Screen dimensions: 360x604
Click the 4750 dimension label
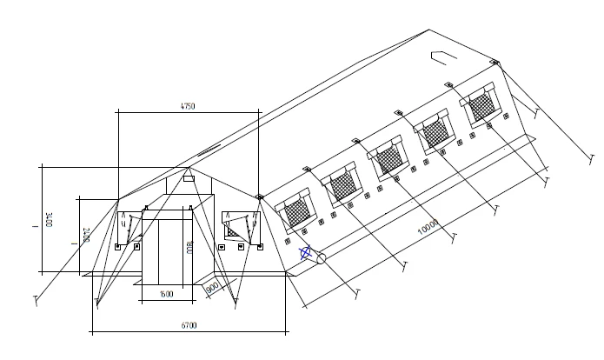point(187,106)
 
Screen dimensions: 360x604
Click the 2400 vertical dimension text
point(85,234)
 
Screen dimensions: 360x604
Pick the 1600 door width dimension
point(167,294)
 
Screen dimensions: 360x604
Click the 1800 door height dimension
point(188,246)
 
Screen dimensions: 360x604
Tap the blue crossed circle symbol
point(305,254)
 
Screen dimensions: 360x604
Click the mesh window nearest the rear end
point(481,108)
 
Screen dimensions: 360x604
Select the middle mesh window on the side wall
point(388,158)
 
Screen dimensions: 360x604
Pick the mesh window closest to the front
point(297,212)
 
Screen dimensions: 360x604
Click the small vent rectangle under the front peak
point(188,179)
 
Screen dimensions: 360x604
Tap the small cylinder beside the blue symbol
point(320,258)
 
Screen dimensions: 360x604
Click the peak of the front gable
point(189,166)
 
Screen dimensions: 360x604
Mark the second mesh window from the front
point(342,185)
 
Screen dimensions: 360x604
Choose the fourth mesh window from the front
point(435,132)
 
